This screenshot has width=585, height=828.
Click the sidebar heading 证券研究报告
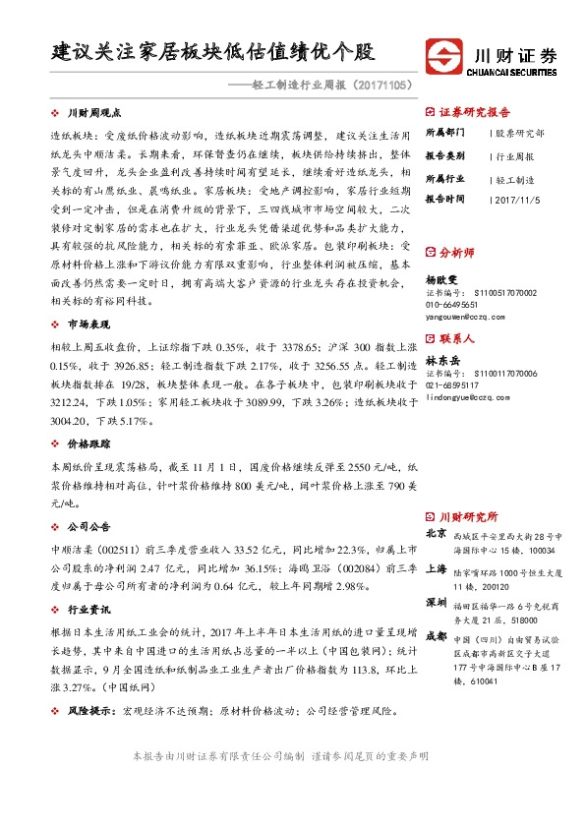click(475, 111)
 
